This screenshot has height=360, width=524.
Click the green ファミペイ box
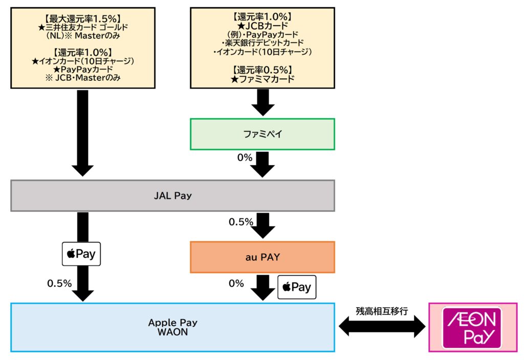point(262,134)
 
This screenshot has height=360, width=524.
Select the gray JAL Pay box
point(172,195)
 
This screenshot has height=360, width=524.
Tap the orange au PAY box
point(262,257)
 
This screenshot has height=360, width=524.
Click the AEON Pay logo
point(472,327)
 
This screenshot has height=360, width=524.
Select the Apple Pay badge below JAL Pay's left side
point(81,254)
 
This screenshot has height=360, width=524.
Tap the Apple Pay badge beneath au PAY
point(297,287)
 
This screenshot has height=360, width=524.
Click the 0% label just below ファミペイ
point(245,157)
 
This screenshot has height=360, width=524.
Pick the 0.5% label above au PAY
point(241,222)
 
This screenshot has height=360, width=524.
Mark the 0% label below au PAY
point(236,283)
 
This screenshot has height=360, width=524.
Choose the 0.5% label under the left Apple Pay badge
point(59,283)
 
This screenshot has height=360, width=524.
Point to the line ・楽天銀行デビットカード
point(262,42)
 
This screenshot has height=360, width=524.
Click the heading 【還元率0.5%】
point(262,70)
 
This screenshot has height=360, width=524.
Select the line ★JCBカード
point(262,25)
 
